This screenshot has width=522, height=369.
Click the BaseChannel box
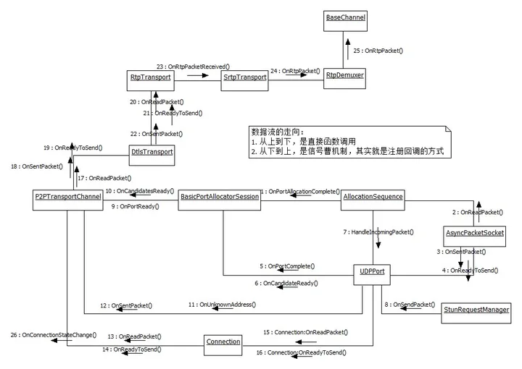click(345, 17)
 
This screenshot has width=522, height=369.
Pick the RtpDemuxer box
click(345, 75)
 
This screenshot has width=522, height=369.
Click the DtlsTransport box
click(152, 152)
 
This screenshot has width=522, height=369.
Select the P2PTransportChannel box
click(67, 196)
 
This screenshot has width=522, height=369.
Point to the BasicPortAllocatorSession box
click(220, 196)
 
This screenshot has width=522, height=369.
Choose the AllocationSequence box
click(373, 196)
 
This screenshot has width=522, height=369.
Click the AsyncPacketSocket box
click(474, 233)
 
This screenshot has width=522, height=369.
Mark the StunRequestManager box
click(476, 309)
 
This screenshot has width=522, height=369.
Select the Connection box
click(223, 341)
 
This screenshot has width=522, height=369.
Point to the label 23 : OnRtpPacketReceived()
click(193, 66)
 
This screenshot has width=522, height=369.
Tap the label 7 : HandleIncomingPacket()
click(378, 232)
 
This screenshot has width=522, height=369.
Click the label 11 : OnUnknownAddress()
click(221, 305)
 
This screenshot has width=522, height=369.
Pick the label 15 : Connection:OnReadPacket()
click(304, 332)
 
